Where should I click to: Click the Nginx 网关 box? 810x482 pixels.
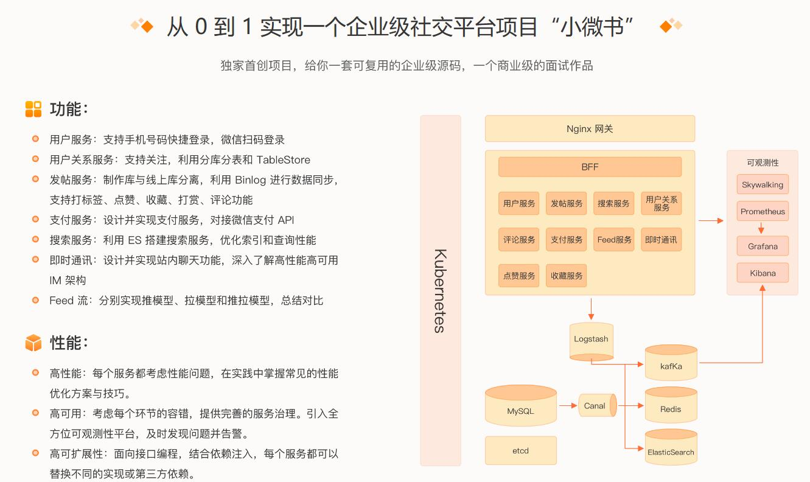589,129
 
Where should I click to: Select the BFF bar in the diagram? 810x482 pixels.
590,167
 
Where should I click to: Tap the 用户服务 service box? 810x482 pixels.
519,203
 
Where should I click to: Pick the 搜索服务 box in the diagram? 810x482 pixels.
613,203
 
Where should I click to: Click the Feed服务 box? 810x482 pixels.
614,240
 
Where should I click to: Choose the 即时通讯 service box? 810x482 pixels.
661,240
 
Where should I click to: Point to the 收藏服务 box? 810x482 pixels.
567,276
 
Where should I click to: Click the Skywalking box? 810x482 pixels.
763,185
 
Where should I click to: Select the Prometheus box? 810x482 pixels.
763,212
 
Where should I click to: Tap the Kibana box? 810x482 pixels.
763,273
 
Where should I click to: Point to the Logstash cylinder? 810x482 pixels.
591,340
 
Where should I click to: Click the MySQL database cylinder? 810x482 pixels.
520,406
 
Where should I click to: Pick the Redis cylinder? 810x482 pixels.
671,406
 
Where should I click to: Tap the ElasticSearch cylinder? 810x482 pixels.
671,449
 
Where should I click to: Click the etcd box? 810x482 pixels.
520,451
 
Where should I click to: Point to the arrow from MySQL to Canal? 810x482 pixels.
567,405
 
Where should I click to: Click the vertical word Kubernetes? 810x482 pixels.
440,290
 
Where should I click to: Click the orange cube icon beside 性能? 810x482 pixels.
33,343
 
